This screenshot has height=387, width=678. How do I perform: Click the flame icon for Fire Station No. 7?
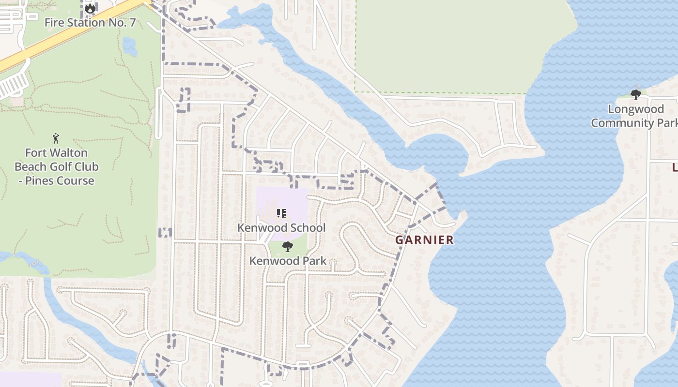(90, 8)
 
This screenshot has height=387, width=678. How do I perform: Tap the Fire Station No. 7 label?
(90, 22)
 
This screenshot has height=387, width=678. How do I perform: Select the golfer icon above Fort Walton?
(56, 138)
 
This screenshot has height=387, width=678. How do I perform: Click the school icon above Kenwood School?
(281, 213)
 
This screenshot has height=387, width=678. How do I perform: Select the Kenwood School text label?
(281, 227)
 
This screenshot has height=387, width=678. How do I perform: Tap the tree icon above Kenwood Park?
(287, 247)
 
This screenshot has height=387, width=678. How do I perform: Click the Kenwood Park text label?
(288, 261)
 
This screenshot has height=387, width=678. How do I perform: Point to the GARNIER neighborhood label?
(424, 240)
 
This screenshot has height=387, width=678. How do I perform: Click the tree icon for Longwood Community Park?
(635, 94)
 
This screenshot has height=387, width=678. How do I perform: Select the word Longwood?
(635, 109)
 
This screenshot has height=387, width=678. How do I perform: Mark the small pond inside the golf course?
(129, 46)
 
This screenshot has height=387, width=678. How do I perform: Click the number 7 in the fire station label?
(132, 22)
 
